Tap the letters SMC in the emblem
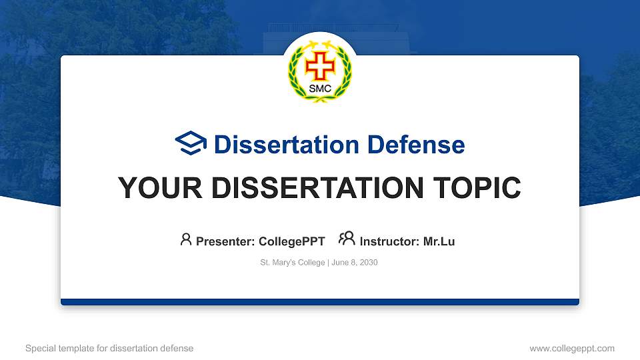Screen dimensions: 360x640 pos(320,89)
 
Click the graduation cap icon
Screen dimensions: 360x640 pos(191,143)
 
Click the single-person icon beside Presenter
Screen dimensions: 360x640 pos(186,239)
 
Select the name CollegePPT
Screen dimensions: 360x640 pos(291,241)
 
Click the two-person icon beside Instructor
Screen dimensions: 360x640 pos(347,239)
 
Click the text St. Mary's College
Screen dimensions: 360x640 pos(293,263)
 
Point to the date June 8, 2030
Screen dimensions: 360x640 pos(355,263)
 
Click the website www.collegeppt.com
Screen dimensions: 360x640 pos(572,348)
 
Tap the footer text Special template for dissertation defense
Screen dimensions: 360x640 pos(109,348)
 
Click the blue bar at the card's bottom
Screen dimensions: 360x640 pos(320,302)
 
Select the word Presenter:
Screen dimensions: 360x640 pos(226,241)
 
